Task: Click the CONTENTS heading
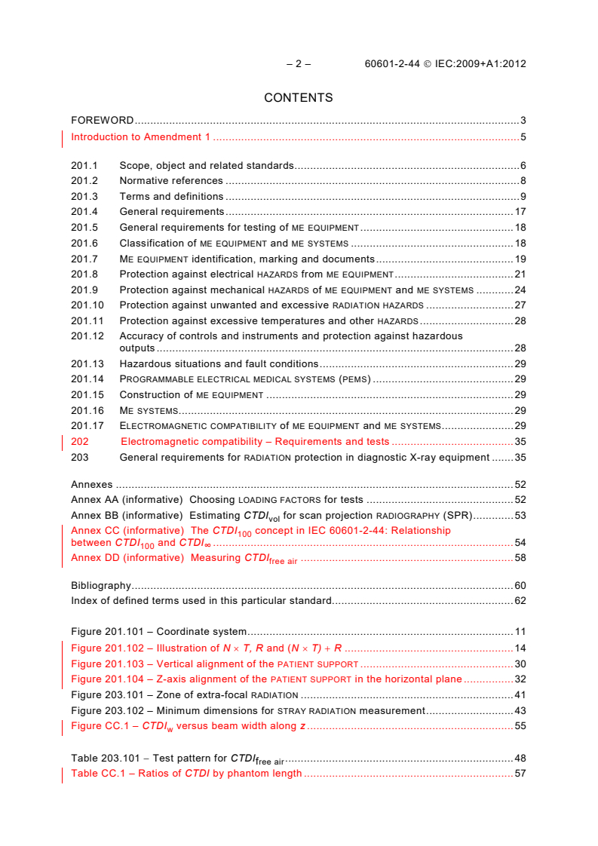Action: click(299, 98)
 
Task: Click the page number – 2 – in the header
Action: click(299, 64)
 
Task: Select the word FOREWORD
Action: click(102, 121)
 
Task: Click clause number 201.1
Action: click(84, 165)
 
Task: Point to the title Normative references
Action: click(171, 181)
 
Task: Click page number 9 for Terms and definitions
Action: click(523, 197)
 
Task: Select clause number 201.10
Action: click(87, 305)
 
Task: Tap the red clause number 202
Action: click(80, 442)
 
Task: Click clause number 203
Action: click(80, 457)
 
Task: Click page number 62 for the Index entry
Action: click(520, 601)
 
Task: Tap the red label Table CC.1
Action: click(101, 774)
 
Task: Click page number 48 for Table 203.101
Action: click(520, 758)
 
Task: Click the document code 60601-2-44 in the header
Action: click(391, 64)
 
